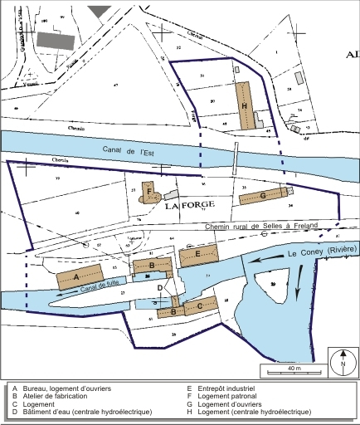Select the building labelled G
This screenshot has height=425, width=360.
click(263, 197)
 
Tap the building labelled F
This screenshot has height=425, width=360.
click(149, 193)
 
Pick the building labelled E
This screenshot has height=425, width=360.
click(199, 255)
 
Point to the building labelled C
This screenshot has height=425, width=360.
click(199, 305)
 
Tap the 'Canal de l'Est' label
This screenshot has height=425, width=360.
click(146, 152)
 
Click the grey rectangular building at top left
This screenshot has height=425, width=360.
click(55, 41)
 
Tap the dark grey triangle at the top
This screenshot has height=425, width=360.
click(99, 9)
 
